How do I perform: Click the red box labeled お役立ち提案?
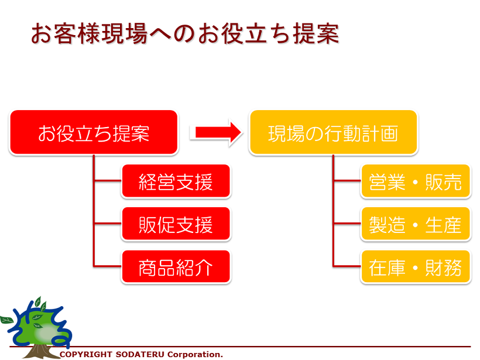(94, 132)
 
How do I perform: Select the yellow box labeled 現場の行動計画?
(334, 132)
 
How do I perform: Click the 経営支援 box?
(176, 181)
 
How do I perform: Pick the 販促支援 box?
(176, 224)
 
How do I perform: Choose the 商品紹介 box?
(176, 266)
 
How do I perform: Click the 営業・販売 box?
(416, 181)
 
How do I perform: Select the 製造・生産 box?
(416, 224)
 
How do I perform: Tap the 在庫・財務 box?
(416, 266)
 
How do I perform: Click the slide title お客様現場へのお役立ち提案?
(185, 33)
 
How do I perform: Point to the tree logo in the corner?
(36, 328)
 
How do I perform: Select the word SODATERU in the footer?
(140, 355)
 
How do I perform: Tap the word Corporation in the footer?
(194, 355)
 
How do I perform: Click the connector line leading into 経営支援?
(108, 181)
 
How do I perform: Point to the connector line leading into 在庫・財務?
(347, 266)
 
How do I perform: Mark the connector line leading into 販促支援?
(108, 224)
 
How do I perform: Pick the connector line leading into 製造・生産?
(347, 224)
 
